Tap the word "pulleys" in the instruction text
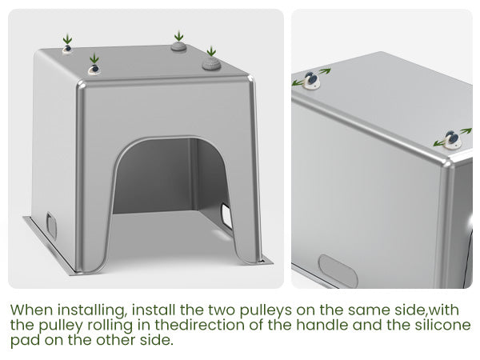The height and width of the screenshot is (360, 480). coord(266,311)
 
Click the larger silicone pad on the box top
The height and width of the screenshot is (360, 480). coord(211,64)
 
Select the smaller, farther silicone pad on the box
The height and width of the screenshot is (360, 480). coord(178,46)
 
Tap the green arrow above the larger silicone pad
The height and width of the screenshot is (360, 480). coord(211,51)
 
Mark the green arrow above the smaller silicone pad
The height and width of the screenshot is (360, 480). coord(178,35)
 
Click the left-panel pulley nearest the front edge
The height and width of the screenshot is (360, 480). coord(94,70)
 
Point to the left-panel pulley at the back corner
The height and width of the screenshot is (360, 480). coord(67,49)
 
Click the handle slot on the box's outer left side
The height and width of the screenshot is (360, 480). coord(51,226)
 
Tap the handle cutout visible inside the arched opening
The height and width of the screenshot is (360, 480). coord(227,217)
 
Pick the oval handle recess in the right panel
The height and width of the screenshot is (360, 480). coord(338,271)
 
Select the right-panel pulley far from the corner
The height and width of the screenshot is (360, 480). coord(312,80)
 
